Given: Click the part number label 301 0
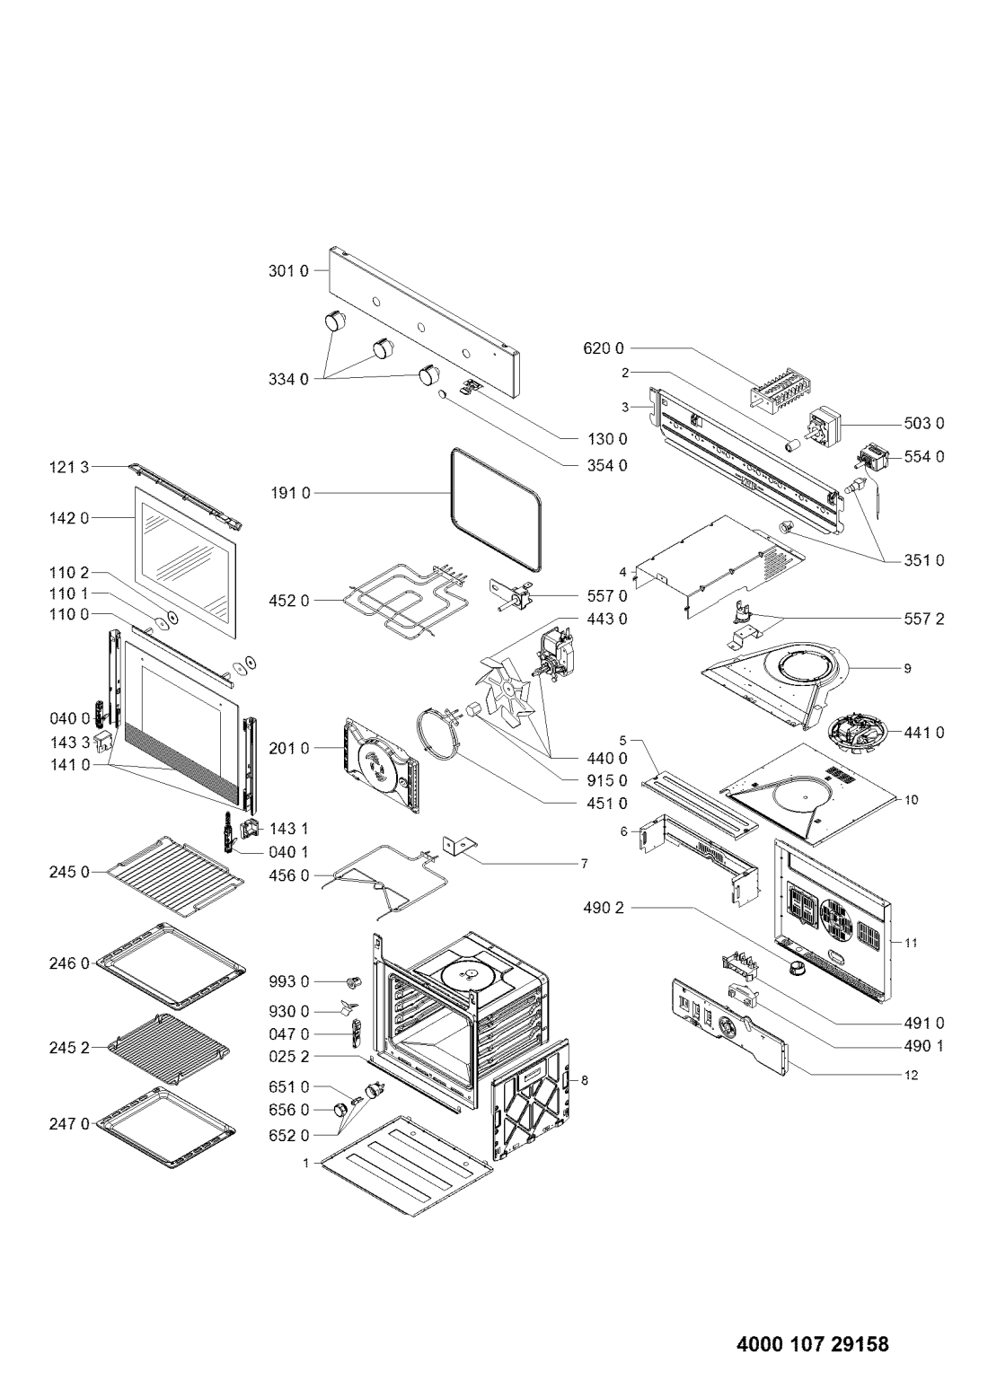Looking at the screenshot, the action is tap(288, 271).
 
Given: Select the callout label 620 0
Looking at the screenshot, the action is tap(604, 348).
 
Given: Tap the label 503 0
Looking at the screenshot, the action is tap(924, 424).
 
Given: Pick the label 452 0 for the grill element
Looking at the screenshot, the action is tap(288, 601).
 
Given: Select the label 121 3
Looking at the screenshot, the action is tap(69, 467).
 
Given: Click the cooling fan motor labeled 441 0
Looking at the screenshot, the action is tap(859, 734).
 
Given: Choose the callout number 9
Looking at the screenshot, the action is tap(907, 669).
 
